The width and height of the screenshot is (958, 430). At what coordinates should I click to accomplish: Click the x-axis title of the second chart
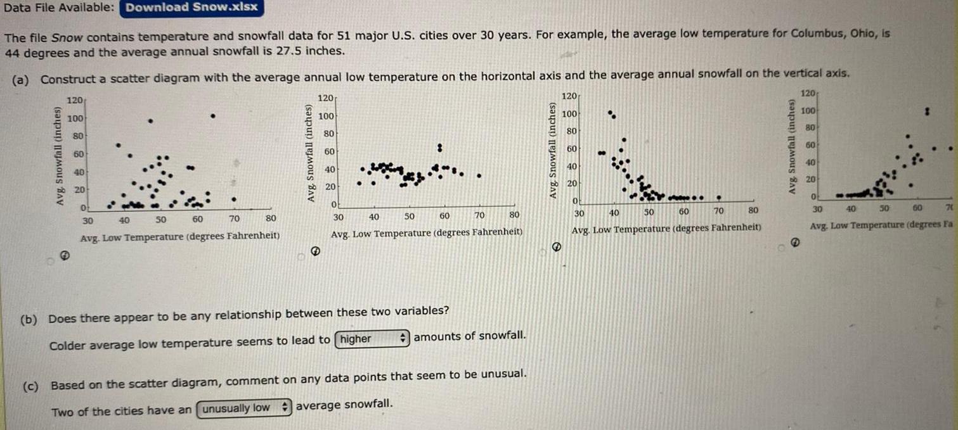427,232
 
